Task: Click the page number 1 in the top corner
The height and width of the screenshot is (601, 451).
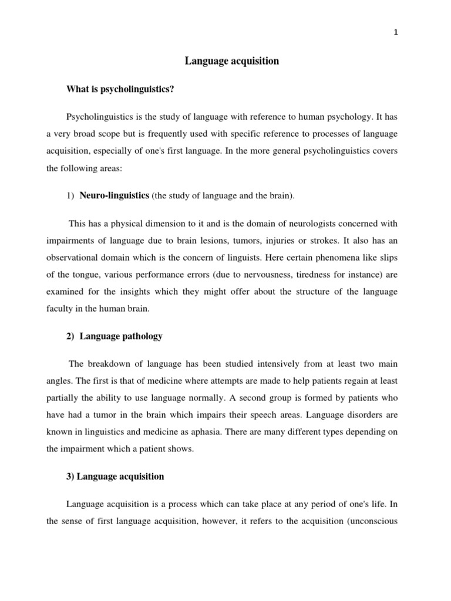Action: click(396, 33)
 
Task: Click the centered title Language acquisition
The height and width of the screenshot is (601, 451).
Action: click(232, 61)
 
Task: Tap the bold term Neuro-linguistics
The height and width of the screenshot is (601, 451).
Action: click(115, 195)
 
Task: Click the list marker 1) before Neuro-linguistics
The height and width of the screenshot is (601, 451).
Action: click(70, 196)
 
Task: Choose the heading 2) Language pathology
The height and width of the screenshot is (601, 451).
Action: click(115, 336)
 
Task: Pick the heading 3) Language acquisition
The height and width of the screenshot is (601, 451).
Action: click(115, 477)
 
